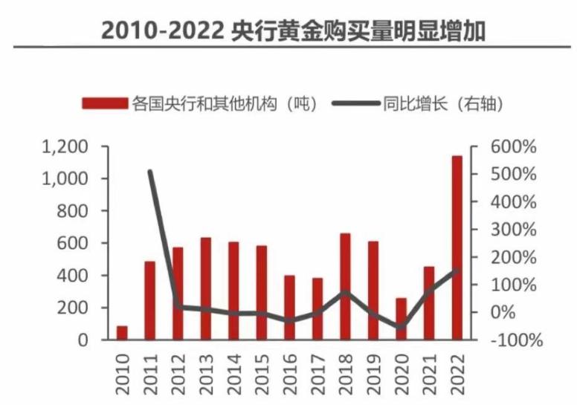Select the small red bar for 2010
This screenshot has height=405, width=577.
tap(122, 332)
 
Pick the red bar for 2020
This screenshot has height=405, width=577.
tap(401, 319)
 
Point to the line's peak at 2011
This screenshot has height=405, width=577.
tap(150, 172)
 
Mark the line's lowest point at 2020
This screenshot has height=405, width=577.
tap(401, 326)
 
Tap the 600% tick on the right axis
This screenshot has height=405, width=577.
tap(513, 147)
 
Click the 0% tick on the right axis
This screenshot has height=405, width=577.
tap(520, 312)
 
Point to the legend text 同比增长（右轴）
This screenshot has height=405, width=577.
tap(445, 103)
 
